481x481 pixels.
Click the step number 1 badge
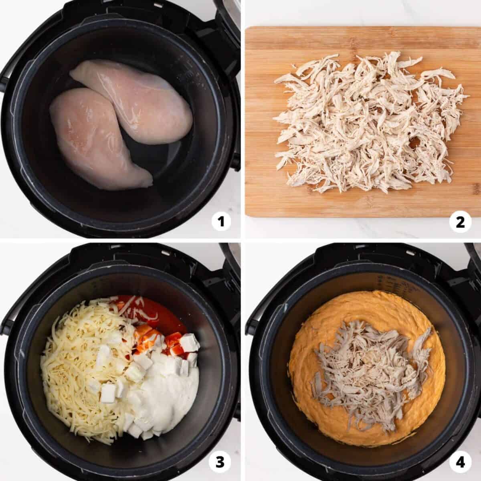[x=220, y=221]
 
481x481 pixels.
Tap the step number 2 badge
[x=460, y=222]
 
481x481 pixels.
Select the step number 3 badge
[x=220, y=461]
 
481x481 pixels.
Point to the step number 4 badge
[x=460, y=461]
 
